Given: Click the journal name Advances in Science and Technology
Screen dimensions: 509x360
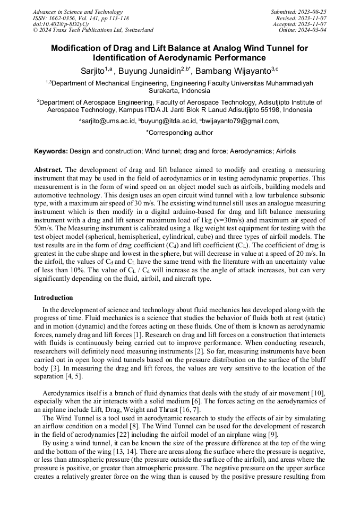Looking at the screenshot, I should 78,12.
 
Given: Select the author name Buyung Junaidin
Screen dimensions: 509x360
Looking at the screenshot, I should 149,71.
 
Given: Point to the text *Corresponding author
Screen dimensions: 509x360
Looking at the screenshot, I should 179,133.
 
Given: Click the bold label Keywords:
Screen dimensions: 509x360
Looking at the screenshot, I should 50,151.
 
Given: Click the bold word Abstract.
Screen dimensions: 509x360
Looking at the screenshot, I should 48,170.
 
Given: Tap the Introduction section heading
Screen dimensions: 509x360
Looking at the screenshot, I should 54,298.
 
